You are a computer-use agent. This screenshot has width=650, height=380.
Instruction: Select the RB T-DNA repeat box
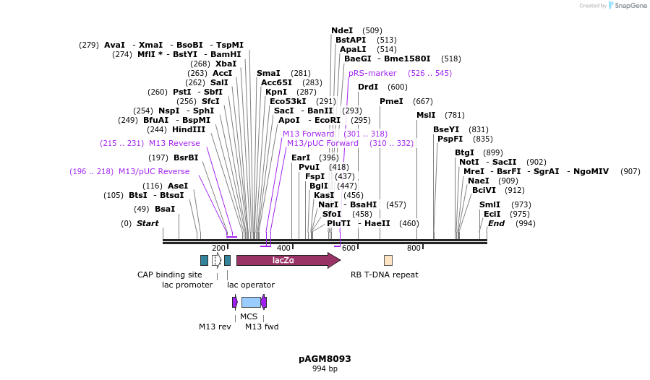click(388, 260)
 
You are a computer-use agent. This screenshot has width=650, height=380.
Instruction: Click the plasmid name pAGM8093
click(325, 358)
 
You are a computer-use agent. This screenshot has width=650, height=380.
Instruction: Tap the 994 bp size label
click(325, 368)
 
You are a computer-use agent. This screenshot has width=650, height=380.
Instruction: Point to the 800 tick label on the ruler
click(414, 249)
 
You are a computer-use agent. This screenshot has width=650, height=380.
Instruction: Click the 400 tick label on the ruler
click(284, 249)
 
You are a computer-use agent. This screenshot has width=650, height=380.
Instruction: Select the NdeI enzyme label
click(342, 30)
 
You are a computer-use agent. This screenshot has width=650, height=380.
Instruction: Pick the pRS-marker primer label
click(372, 73)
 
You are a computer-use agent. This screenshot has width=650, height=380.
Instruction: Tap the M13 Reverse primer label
click(174, 143)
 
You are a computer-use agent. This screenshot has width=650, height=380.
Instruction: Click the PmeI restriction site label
click(391, 101)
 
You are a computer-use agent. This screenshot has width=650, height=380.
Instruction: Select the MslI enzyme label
click(426, 115)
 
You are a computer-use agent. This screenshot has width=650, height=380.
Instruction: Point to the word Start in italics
click(147, 223)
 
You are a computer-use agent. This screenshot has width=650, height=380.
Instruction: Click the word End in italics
click(496, 223)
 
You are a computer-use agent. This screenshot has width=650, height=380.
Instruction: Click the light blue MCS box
click(251, 302)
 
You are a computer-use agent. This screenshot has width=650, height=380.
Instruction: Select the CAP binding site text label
click(170, 275)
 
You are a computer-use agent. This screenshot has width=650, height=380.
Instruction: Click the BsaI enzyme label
click(165, 209)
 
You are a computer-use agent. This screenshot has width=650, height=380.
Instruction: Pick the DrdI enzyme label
click(368, 87)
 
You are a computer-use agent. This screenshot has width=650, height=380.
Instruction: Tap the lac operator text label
click(251, 285)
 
